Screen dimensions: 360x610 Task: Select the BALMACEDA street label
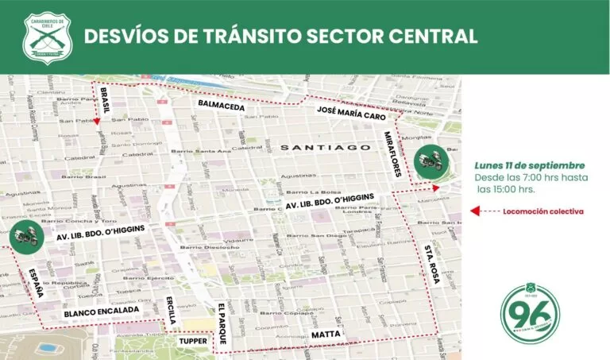[x=222, y=105]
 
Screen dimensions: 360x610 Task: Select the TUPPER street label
[x=193, y=341]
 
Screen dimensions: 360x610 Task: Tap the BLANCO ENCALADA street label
[x=103, y=313]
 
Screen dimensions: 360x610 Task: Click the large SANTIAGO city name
[x=326, y=148]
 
